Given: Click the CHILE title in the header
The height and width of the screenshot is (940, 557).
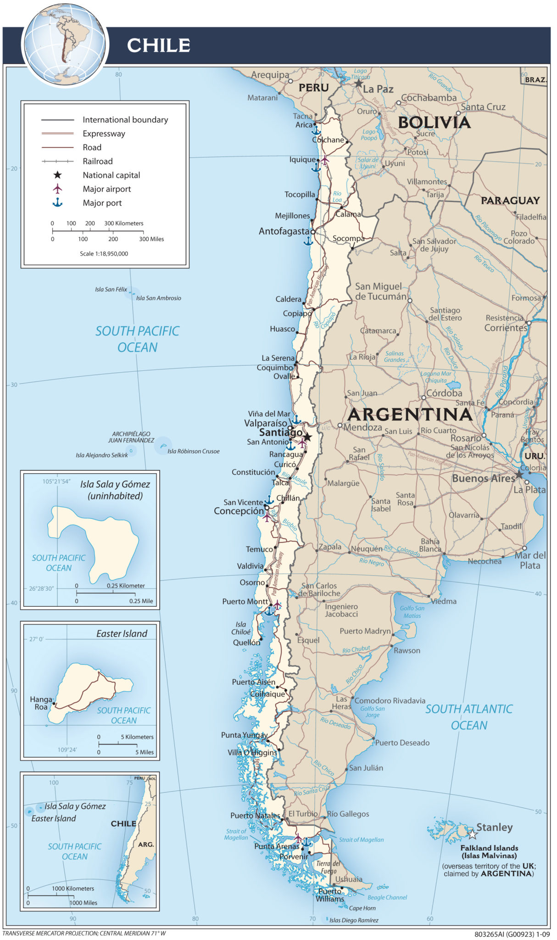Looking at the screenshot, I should [x=158, y=45].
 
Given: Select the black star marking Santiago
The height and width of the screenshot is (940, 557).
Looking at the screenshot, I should [x=307, y=437].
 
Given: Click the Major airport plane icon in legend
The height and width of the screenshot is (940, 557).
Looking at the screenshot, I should [x=57, y=189].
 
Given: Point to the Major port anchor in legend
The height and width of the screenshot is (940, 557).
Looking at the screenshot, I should [x=57, y=202].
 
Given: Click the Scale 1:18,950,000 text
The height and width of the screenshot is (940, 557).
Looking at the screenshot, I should [x=104, y=253].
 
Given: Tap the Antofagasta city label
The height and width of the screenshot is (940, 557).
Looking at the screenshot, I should [x=284, y=231].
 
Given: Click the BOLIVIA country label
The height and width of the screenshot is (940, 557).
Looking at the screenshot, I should [x=434, y=123].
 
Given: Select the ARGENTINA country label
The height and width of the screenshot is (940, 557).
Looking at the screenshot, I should [x=409, y=414].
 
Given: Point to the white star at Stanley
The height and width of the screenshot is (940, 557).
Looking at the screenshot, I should [x=472, y=834].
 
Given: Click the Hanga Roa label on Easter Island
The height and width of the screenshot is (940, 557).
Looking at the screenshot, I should [x=41, y=703].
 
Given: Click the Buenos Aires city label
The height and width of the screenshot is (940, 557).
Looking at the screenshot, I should [x=483, y=478].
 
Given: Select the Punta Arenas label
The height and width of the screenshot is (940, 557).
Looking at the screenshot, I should [x=276, y=846].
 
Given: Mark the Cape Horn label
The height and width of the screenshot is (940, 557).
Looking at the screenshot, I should [x=362, y=908].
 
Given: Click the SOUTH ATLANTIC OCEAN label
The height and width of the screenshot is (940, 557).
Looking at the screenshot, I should [x=468, y=717].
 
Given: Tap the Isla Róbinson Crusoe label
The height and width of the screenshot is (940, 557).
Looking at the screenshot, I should [x=193, y=451].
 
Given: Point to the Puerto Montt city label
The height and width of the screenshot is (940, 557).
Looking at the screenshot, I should [x=245, y=601].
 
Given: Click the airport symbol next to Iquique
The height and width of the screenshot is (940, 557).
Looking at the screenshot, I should [x=325, y=160].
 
